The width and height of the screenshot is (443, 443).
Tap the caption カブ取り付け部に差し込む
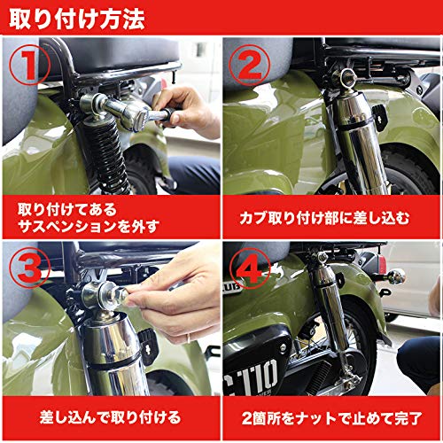click(x=331, y=215)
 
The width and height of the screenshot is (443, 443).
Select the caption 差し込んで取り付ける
click(x=110, y=416)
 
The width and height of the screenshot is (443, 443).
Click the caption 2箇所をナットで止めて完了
click(x=331, y=416)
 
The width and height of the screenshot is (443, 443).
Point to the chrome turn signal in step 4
click(x=396, y=276)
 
